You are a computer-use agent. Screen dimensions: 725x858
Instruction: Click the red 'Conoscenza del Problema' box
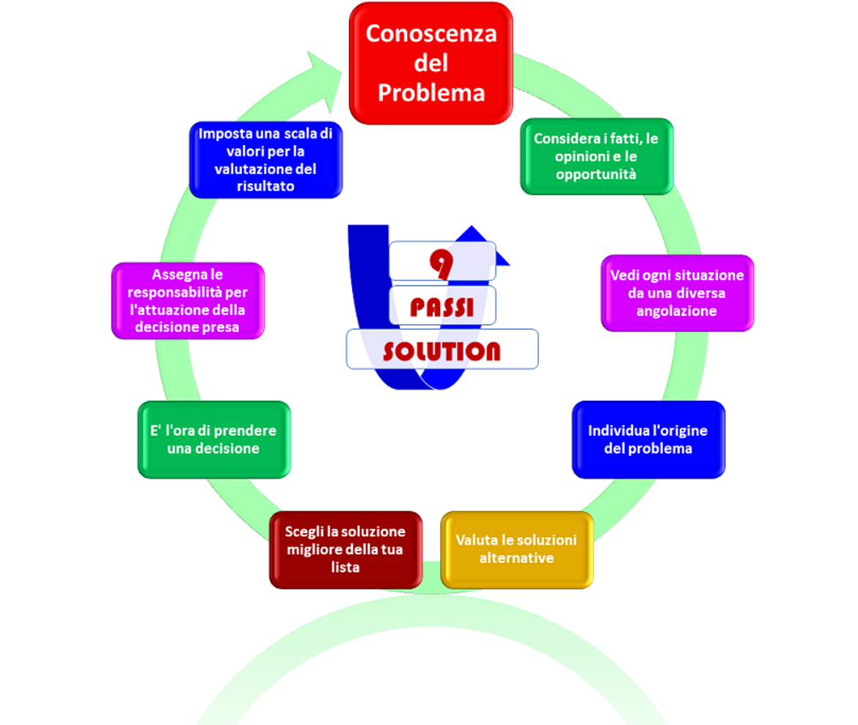[x=430, y=63]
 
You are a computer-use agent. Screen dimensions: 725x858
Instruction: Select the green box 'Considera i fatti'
[x=596, y=156]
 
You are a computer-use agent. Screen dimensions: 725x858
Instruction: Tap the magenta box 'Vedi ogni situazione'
[x=677, y=293]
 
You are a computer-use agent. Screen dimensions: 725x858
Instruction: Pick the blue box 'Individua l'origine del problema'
[x=648, y=439]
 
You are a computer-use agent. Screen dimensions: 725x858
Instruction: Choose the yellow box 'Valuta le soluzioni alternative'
[x=516, y=549]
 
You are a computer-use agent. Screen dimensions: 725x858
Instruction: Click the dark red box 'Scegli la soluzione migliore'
[x=345, y=549]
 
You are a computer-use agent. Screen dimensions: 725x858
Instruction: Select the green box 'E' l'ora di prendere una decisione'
[x=213, y=439]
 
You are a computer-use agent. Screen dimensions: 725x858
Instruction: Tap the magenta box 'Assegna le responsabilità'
[x=188, y=301]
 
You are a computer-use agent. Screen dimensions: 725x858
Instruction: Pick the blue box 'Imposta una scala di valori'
[x=265, y=159]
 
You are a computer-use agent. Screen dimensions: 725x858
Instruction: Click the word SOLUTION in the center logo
[x=441, y=351]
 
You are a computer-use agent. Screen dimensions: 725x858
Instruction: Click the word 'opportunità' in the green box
[x=595, y=174]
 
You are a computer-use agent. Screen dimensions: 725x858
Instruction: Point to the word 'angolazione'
[x=677, y=311]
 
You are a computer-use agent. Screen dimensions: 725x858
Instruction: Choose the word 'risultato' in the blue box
[x=265, y=186]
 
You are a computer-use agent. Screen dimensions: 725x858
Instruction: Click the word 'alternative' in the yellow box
[x=516, y=558]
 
